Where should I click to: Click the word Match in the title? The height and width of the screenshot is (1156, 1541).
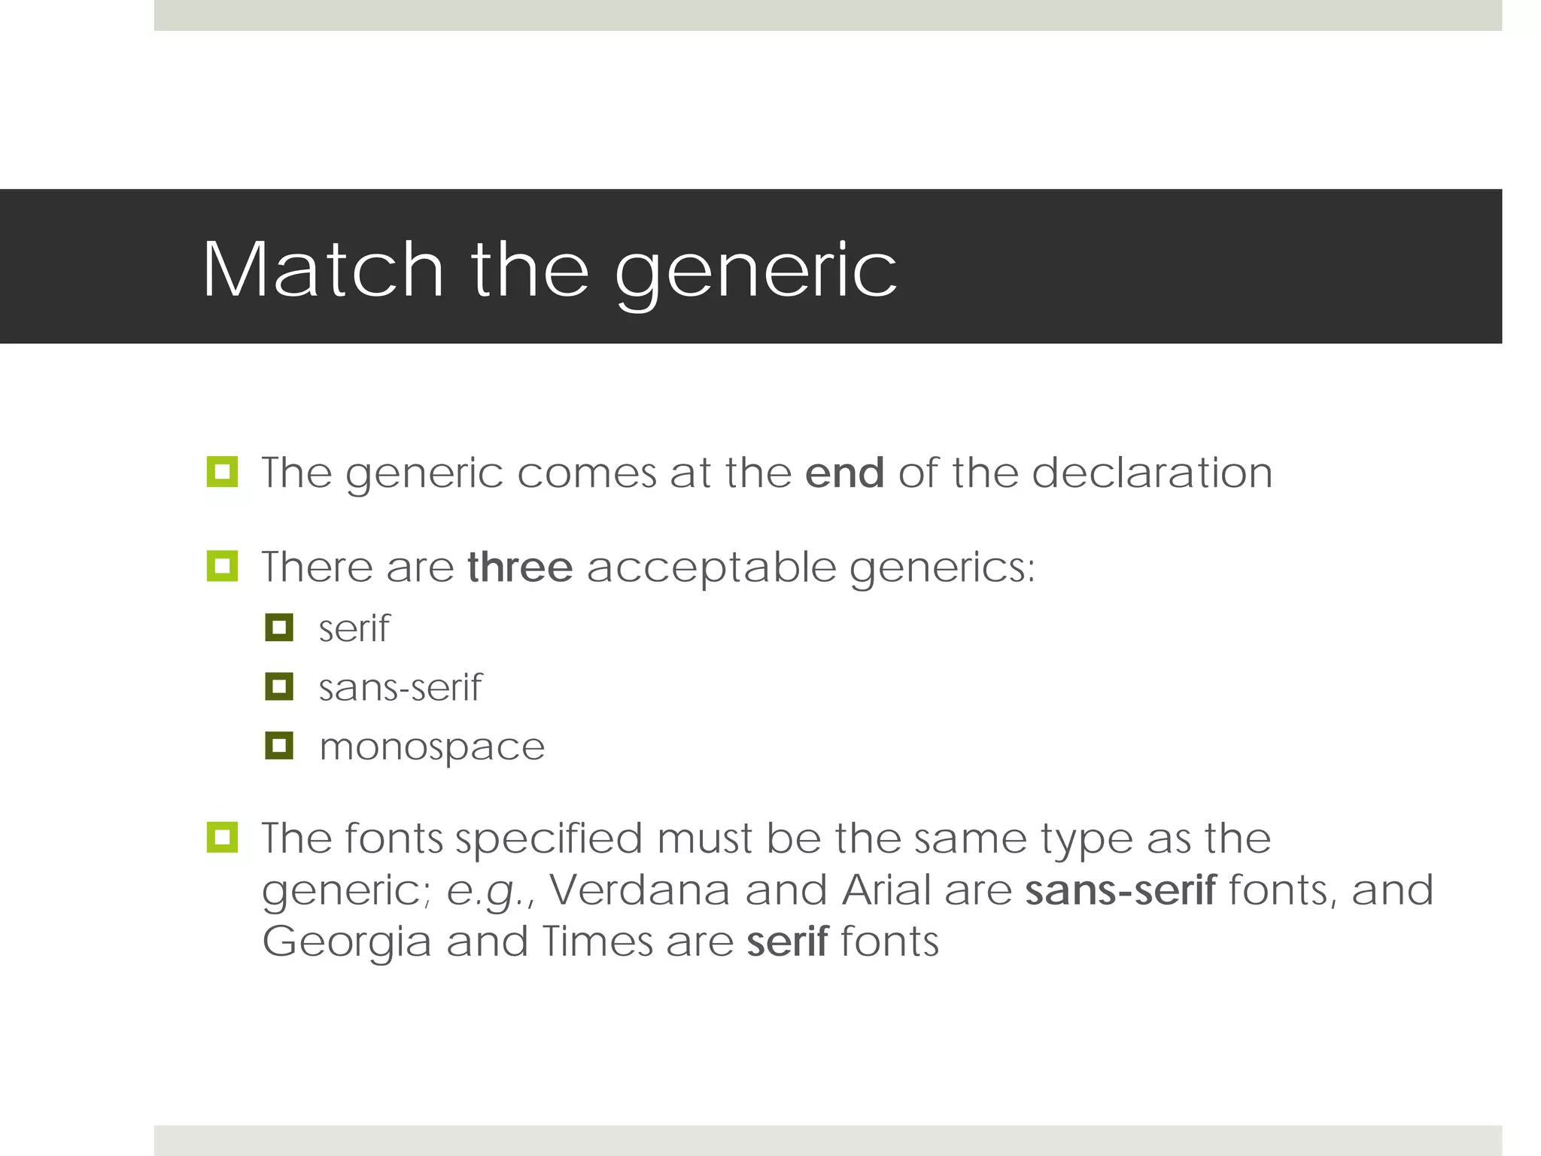point(323,270)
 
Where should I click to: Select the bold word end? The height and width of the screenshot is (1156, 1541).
point(844,473)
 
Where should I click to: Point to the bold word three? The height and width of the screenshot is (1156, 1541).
point(520,567)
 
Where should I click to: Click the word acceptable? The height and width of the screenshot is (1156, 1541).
point(711,569)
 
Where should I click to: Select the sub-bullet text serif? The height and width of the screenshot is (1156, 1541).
point(354,628)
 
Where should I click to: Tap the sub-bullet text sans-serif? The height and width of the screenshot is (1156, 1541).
point(400,688)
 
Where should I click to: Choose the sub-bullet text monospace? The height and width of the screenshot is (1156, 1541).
point(431,748)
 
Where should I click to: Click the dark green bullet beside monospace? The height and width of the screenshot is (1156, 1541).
point(279,746)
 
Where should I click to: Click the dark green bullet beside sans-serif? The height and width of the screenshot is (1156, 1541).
point(279,686)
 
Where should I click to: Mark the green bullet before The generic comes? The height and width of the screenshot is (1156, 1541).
point(222,472)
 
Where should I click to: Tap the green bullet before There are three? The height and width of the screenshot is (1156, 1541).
point(222,566)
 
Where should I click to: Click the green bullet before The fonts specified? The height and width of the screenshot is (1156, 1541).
point(222,837)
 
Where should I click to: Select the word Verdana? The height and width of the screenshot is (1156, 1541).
point(640,890)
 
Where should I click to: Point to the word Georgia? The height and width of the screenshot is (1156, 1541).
point(346,942)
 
